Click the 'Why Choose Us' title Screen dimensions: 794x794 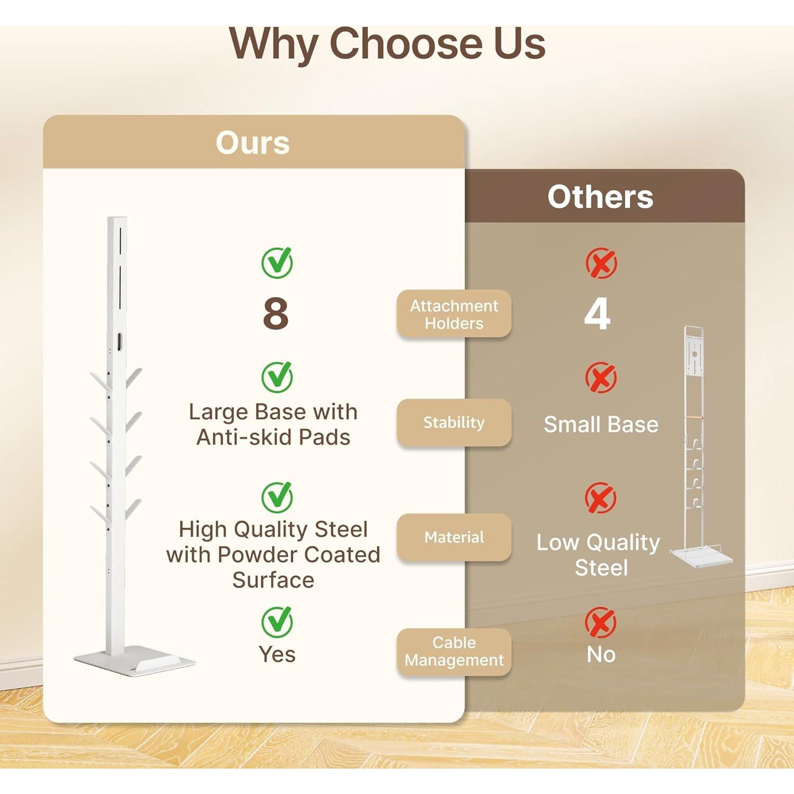click(x=387, y=44)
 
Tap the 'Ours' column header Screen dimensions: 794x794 click(x=253, y=142)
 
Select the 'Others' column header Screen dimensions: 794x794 click(x=600, y=197)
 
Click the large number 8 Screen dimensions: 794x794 click(x=276, y=313)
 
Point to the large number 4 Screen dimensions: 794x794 click(x=598, y=313)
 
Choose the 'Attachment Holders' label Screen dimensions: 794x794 click(x=454, y=314)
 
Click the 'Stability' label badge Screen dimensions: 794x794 click(x=454, y=422)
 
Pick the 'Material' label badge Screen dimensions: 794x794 click(x=454, y=537)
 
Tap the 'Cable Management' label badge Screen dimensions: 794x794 click(x=454, y=652)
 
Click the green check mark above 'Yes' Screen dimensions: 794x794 click(x=277, y=622)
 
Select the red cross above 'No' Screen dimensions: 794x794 click(x=601, y=622)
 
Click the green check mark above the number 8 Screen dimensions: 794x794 click(x=277, y=263)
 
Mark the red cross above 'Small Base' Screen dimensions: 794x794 click(x=601, y=377)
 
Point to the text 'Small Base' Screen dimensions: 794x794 click(x=601, y=425)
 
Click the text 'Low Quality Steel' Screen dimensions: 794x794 click(x=599, y=555)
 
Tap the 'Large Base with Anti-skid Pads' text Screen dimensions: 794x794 click(x=273, y=425)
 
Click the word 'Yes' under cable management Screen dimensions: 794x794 click(x=277, y=655)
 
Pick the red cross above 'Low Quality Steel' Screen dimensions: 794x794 click(x=601, y=498)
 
